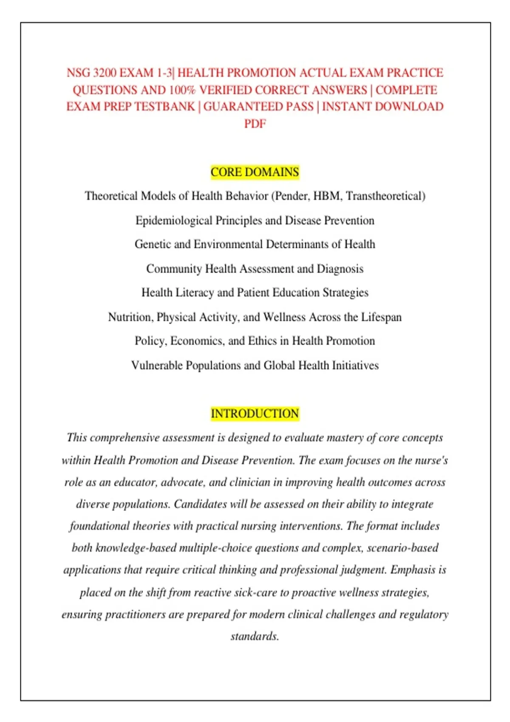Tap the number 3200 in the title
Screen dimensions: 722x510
coord(105,73)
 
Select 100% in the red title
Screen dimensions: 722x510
coord(182,90)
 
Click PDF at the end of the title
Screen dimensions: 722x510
coord(255,124)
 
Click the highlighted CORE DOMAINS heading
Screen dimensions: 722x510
coord(255,172)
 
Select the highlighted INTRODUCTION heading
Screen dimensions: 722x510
coord(255,414)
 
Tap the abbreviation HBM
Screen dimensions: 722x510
coord(327,196)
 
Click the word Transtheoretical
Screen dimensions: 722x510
coord(385,196)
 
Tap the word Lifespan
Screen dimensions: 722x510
coord(381,317)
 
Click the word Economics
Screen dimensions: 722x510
coord(197,341)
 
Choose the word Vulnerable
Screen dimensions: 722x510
coord(157,366)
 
